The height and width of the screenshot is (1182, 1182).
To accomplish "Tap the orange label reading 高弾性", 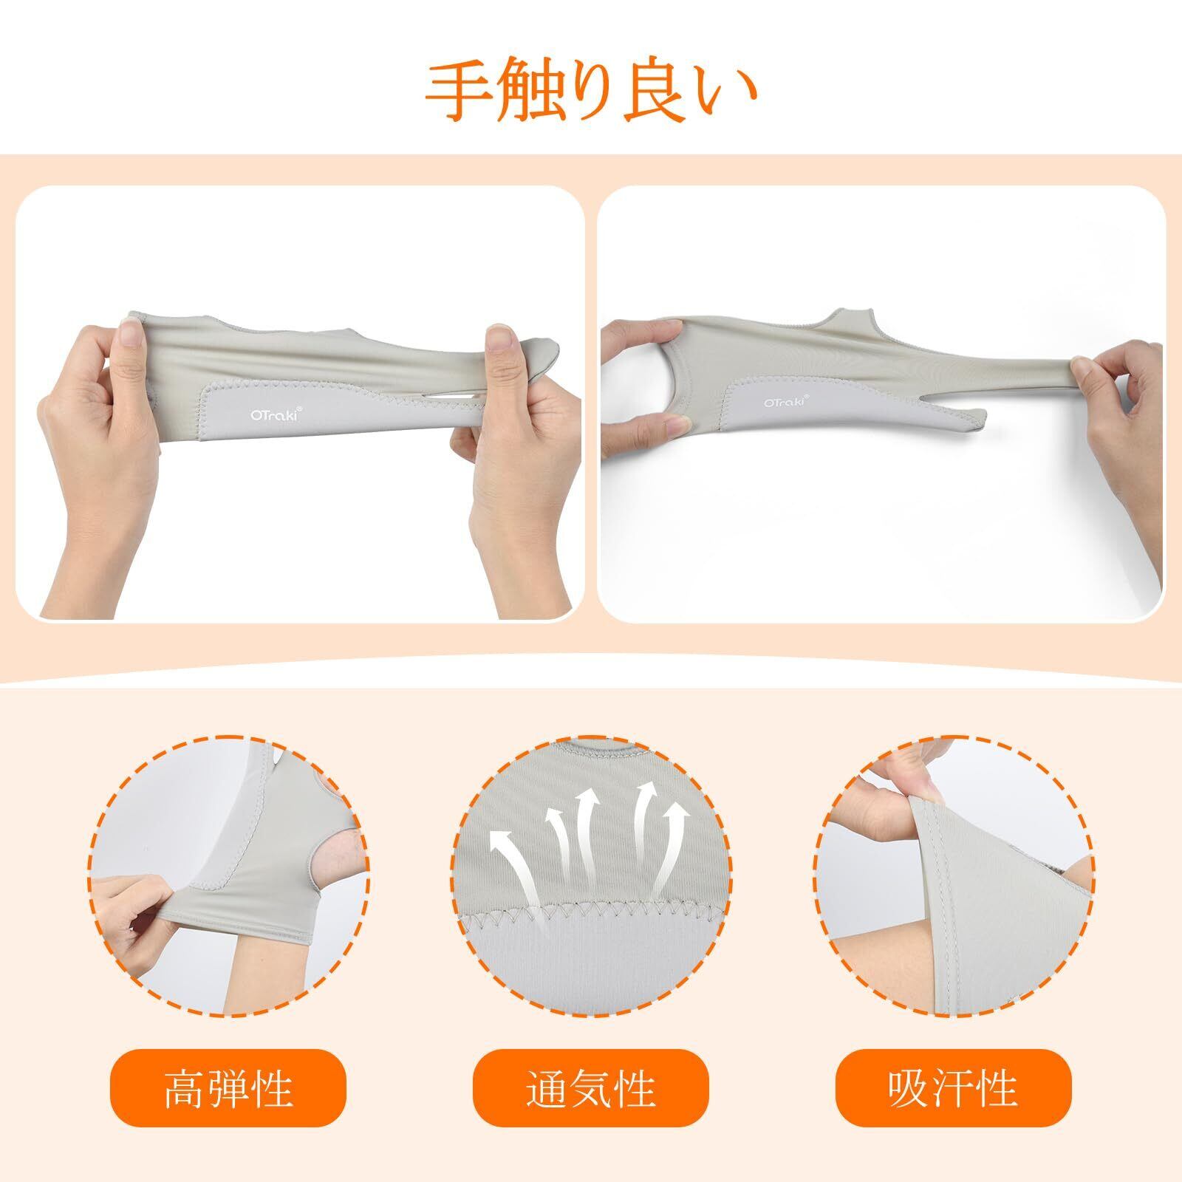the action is [228, 1087].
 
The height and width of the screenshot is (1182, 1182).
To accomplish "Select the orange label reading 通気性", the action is [591, 1087].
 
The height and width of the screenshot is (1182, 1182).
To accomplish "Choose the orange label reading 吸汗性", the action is [953, 1087].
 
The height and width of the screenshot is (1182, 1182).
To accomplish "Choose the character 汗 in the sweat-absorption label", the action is [953, 1087].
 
